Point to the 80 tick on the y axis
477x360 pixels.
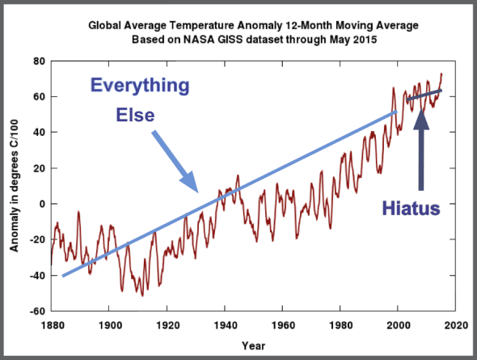click(x=38, y=61)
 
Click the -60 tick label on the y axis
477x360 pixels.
click(x=36, y=311)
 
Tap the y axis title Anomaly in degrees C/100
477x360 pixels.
click(x=14, y=186)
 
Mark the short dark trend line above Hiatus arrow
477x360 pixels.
click(x=424, y=95)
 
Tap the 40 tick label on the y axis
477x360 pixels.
click(x=38, y=133)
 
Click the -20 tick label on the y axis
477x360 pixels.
click(x=36, y=239)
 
